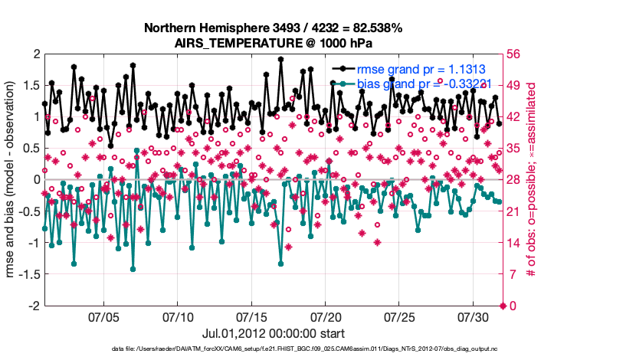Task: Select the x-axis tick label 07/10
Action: [178, 316]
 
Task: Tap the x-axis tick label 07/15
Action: [251, 316]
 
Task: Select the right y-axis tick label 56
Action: [513, 54]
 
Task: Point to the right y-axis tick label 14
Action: [513, 243]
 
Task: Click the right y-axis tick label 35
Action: [513, 148]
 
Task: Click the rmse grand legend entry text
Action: [418, 69]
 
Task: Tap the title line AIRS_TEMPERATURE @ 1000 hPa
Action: [273, 43]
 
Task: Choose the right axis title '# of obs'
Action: [539, 179]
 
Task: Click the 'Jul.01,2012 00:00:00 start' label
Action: [273, 333]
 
